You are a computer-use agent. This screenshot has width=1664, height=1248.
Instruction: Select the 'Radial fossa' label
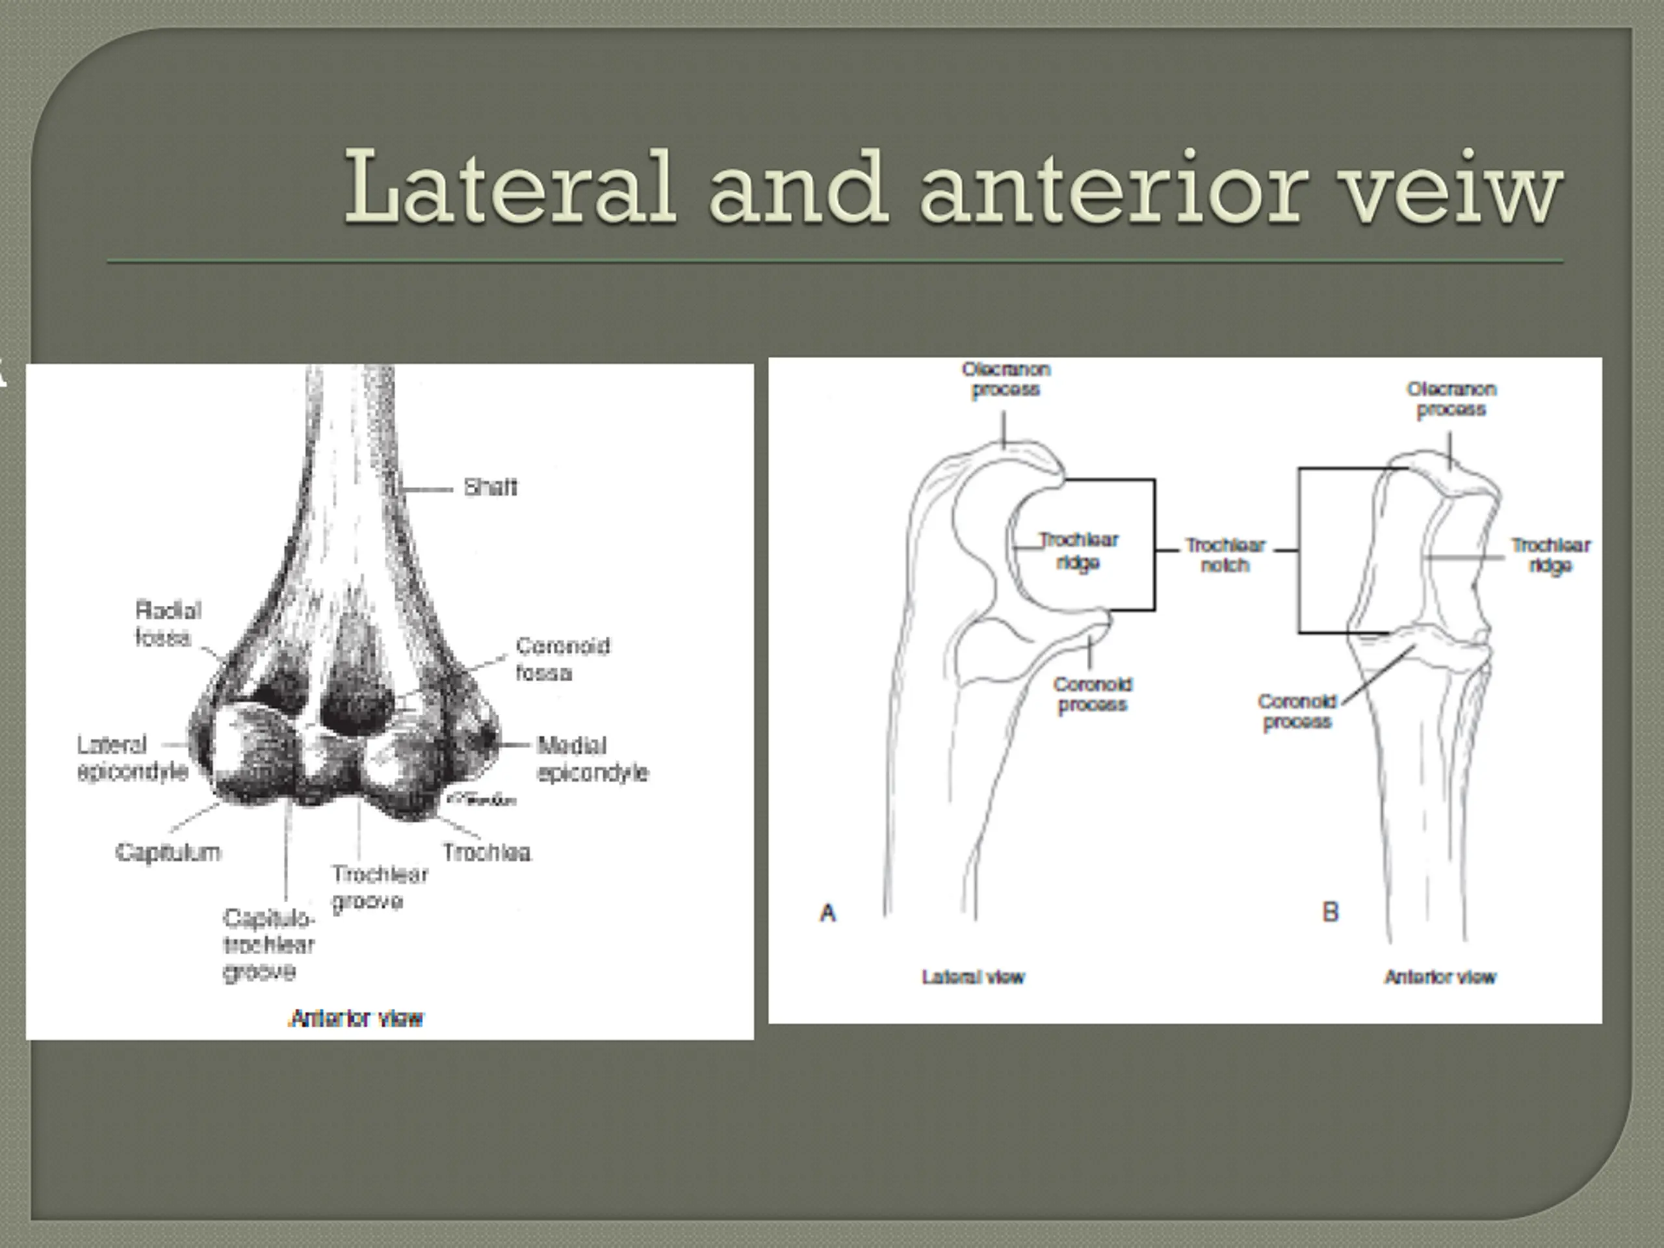point(167,623)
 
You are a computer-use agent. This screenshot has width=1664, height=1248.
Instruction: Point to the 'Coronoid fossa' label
point(562,659)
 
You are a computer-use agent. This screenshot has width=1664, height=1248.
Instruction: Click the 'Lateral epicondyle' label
point(132,759)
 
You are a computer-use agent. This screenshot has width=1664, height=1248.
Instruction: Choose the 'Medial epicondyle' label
point(592,759)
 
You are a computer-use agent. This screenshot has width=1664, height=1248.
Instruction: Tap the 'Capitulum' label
point(168,852)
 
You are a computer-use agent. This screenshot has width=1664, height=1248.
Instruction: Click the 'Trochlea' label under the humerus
point(487,852)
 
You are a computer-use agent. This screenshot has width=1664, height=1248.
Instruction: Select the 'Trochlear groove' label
point(379,888)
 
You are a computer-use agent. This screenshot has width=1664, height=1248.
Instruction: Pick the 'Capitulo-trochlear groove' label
point(268,945)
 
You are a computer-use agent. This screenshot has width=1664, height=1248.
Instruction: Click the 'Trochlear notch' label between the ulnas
point(1225,555)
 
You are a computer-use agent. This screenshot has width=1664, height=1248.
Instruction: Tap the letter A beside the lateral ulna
point(827,913)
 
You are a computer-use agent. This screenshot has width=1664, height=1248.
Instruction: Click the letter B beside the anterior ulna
point(1330,913)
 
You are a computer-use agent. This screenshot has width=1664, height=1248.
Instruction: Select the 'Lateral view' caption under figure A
point(972,977)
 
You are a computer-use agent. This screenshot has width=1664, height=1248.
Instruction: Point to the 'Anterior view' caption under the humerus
point(357,1019)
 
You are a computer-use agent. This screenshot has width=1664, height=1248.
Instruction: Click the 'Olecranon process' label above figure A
point(1006,380)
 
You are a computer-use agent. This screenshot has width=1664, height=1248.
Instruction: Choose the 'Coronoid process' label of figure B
point(1297,712)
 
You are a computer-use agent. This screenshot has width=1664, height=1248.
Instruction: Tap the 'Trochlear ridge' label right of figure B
point(1550,555)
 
